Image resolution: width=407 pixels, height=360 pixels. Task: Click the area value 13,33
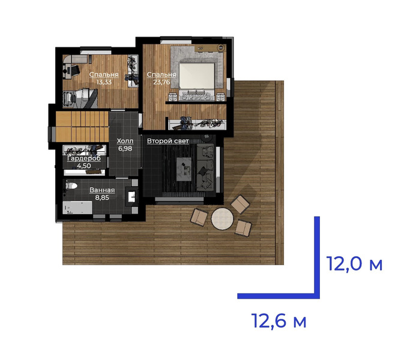104,82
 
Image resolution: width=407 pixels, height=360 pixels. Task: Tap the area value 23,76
161,82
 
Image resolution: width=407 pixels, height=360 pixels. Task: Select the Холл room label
125,141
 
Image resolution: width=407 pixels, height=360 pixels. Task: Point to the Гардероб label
84,158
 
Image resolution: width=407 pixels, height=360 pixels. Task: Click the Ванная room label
102,190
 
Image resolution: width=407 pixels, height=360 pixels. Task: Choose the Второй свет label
167,141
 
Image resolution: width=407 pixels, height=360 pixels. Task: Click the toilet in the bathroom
71,186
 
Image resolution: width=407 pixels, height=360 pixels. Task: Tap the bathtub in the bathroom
77,208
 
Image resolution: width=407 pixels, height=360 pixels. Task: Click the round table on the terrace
222,218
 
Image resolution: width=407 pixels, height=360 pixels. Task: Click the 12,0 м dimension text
354,264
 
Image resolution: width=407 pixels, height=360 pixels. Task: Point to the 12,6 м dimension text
279,321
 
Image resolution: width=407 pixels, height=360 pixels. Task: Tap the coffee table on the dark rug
184,169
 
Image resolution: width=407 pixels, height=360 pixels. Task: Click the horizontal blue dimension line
279,296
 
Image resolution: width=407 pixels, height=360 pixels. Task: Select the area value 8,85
102,197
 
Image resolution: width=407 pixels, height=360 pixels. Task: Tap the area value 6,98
125,149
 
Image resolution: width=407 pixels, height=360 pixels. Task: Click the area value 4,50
84,166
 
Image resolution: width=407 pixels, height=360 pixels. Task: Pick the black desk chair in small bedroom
74,70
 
